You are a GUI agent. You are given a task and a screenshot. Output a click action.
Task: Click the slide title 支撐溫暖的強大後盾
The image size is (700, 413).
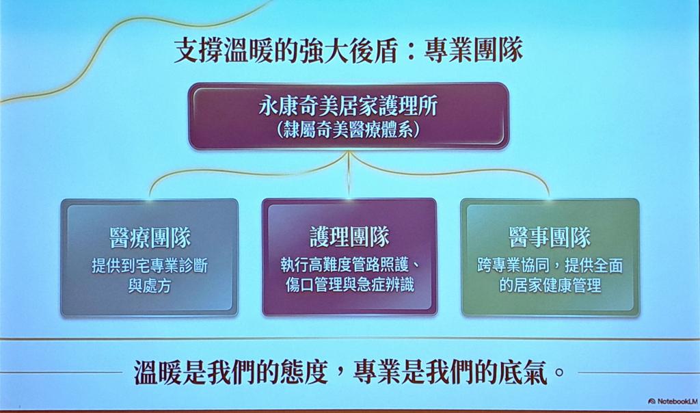click(286, 51)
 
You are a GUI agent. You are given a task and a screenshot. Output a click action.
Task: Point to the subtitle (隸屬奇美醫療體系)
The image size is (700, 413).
click(349, 130)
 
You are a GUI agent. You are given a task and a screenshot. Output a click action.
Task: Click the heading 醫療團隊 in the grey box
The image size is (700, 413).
click(150, 237)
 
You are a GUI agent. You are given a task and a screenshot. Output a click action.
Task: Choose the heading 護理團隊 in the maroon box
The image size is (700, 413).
click(349, 237)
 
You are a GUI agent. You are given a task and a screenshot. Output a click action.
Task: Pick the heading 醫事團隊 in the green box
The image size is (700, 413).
click(550, 237)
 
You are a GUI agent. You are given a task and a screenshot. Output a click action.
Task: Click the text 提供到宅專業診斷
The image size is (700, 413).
click(150, 266)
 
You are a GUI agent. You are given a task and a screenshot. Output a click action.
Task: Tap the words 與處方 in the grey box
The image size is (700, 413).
click(150, 286)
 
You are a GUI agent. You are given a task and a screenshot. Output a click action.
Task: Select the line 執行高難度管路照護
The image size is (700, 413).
click(345, 265)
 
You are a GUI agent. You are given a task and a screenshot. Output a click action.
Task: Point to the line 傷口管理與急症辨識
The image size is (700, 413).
click(349, 284)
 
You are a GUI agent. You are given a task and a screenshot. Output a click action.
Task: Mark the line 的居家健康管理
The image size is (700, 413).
click(550, 285)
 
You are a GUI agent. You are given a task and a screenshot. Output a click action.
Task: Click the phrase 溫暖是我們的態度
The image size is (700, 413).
click(231, 373)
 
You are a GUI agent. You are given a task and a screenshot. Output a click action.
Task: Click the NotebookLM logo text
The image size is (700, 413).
click(673, 401)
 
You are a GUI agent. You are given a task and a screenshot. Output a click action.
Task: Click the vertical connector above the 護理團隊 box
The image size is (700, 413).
click(349, 174)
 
